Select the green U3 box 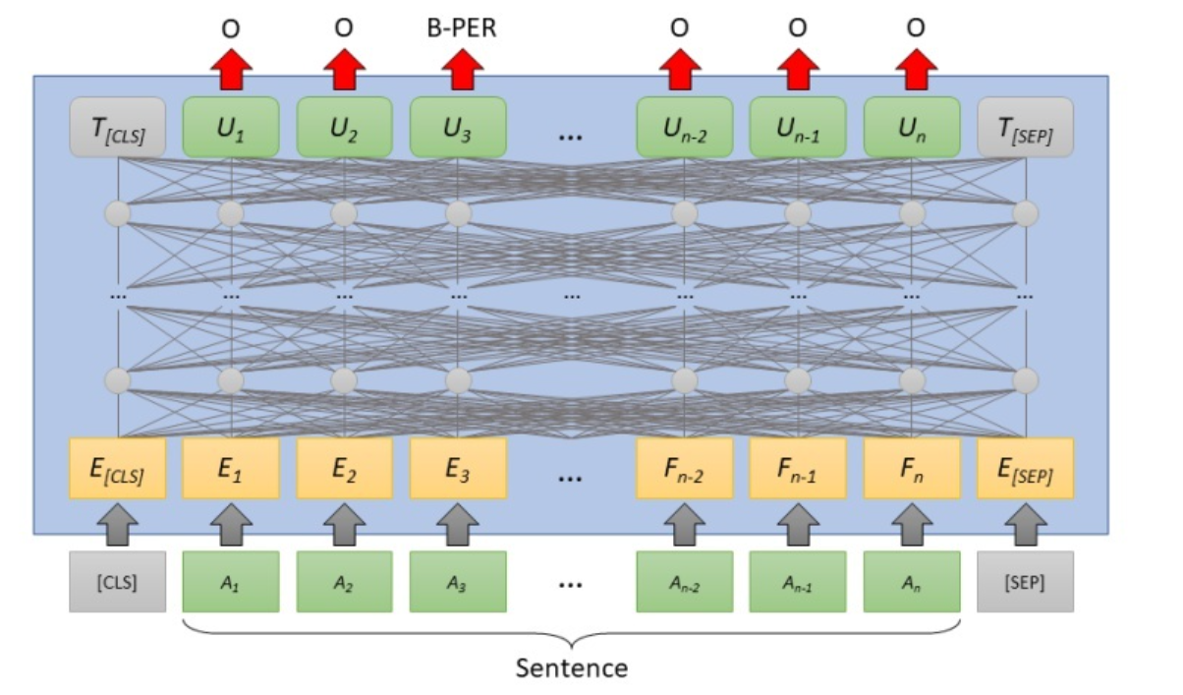[458, 126]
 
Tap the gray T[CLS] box [117, 126]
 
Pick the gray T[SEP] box [1026, 126]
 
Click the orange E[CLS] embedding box [117, 468]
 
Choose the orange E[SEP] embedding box [1026, 468]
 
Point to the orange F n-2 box [685, 468]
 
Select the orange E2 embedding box [344, 468]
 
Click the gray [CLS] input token [117, 581]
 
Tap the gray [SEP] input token [1026, 581]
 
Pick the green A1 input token [231, 581]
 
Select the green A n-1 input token [798, 581]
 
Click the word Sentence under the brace [572, 668]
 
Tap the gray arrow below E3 [458, 524]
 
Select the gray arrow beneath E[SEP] [1026, 524]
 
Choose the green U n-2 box [685, 126]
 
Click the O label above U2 [344, 29]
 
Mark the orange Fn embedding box [912, 468]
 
